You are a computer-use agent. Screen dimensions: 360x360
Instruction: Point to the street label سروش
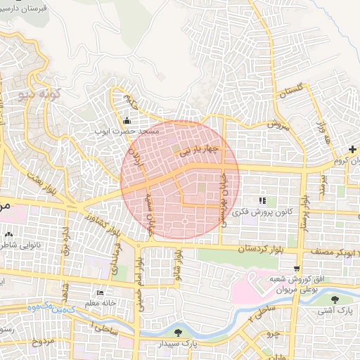[x=278, y=124]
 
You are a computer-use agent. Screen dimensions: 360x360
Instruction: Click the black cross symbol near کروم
[x=352, y=149]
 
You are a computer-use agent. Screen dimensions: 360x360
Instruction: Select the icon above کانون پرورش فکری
[x=263, y=200]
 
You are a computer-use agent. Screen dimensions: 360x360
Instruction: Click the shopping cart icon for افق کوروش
[x=298, y=268]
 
